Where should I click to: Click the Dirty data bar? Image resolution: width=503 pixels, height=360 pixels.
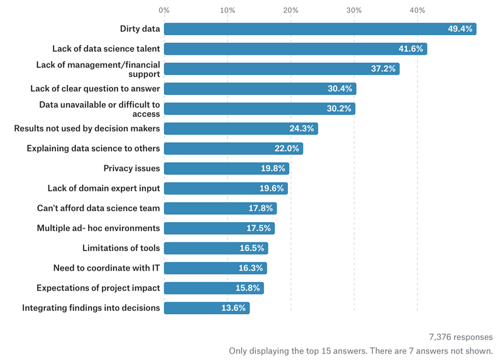tap(319, 29)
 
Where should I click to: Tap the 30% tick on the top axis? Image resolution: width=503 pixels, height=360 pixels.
tap(354, 10)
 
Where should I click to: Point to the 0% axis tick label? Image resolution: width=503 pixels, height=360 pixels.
tap(164, 10)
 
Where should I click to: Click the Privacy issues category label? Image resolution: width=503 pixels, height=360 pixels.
tap(131, 169)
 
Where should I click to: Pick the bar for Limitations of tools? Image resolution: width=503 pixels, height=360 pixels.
tap(216, 249)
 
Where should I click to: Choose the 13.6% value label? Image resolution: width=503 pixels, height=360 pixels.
tap(233, 308)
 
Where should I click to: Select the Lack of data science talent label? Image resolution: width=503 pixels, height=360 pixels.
tap(106, 48)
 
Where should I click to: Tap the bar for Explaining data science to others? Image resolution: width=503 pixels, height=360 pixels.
tap(233, 149)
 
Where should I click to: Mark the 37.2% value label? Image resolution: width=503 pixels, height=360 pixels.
tap(383, 69)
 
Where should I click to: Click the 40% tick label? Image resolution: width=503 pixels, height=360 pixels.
tap(417, 10)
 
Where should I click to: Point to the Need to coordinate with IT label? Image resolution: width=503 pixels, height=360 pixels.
tap(107, 268)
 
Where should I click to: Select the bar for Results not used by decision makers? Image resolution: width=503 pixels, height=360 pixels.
tap(241, 128)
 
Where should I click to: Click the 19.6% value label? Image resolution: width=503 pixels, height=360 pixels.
tap(272, 189)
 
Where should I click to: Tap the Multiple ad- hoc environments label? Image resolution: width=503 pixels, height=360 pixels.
tap(99, 228)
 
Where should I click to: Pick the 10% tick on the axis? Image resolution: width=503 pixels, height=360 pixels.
tap(228, 10)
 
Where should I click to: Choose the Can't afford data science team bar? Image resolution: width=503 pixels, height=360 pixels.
tap(220, 208)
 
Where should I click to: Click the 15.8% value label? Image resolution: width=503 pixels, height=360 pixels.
tap(247, 288)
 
